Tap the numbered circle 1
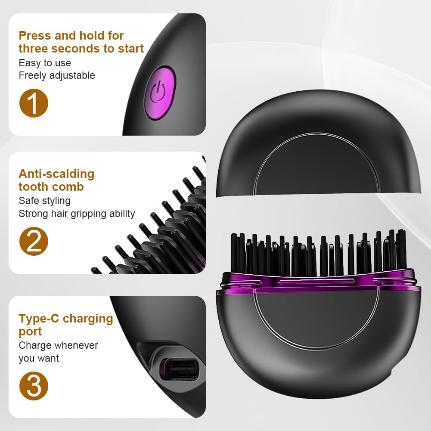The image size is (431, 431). click(x=34, y=103)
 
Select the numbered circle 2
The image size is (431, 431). click(x=34, y=241)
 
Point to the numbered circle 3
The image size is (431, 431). click(x=34, y=386)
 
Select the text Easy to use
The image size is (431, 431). click(x=45, y=63)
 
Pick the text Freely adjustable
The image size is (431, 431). click(x=57, y=75)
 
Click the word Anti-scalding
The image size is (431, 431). click(x=56, y=174)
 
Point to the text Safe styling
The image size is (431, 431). click(x=44, y=201)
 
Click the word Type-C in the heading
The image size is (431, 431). click(x=39, y=319)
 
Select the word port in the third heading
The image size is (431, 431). click(x=30, y=332)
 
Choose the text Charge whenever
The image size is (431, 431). click(x=58, y=345)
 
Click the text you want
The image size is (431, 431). click(x=39, y=358)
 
